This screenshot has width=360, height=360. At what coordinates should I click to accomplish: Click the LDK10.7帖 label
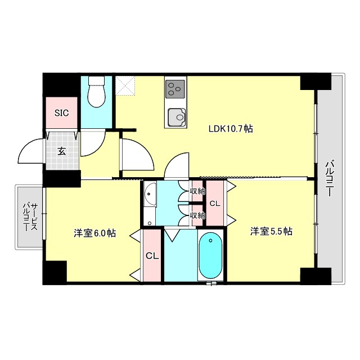(x=231, y=129)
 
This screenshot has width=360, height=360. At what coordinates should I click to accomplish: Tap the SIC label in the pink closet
(x=61, y=112)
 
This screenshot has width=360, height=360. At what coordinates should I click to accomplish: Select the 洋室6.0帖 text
(x=94, y=233)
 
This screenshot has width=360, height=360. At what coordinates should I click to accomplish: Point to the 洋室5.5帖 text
(x=272, y=231)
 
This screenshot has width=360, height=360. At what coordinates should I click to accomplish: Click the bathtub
(x=210, y=255)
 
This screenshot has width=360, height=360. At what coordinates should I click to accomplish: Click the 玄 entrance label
(x=61, y=150)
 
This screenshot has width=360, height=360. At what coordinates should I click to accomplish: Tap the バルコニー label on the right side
(x=330, y=177)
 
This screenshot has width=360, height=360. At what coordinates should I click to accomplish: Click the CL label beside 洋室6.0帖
(x=152, y=256)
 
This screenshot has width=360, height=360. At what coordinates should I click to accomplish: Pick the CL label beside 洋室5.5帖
(x=214, y=203)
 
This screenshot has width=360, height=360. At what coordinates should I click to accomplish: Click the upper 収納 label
(x=197, y=191)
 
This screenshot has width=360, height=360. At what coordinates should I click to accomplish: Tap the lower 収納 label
(x=197, y=215)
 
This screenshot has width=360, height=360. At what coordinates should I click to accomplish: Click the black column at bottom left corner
(x=55, y=273)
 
